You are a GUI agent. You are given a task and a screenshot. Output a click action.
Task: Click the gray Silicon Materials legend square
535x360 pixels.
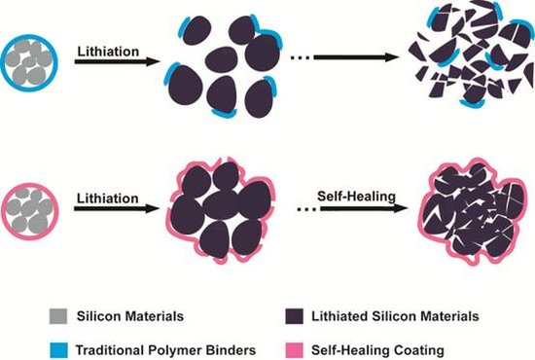[x=58, y=316]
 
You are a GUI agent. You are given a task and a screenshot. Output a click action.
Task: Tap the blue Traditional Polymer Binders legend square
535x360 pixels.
[x=58, y=350]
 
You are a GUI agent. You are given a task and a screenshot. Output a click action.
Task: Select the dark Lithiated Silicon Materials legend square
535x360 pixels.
[x=294, y=316]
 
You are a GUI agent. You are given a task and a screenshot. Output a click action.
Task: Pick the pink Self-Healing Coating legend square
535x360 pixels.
[x=294, y=350]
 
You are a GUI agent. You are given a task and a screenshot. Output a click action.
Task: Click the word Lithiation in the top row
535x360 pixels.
[x=108, y=52]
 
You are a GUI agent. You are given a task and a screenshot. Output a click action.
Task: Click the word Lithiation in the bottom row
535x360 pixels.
[x=107, y=198]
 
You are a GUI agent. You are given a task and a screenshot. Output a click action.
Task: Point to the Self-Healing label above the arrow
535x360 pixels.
[x=356, y=197]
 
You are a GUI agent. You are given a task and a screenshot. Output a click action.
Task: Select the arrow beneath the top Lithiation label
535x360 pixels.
[x=117, y=61]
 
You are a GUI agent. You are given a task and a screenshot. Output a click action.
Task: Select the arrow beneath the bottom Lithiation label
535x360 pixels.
[x=117, y=208]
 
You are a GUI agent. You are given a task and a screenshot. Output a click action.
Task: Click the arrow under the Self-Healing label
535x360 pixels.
[x=364, y=208]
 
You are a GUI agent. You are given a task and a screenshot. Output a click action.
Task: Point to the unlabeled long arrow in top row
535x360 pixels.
[x=356, y=57]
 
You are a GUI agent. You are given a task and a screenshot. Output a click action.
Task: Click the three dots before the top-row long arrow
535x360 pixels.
[x=301, y=58]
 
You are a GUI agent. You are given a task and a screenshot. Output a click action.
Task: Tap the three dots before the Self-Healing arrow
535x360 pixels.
[x=306, y=209]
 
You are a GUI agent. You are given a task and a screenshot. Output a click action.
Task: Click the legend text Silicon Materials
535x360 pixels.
[x=130, y=316]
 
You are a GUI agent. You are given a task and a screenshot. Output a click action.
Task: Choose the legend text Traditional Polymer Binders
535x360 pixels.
[x=165, y=350]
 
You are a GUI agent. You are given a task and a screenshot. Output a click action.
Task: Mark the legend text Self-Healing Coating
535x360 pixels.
[x=377, y=350]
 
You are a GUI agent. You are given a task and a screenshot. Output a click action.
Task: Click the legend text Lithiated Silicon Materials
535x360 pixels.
[x=395, y=316]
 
